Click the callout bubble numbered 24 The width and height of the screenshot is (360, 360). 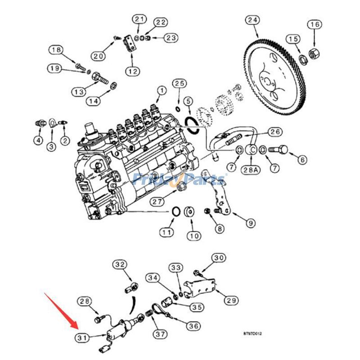pyautogui.click(x=253, y=21)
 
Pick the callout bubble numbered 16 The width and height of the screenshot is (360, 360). pyautogui.click(x=315, y=24)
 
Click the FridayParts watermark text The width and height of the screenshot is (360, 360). pyautogui.click(x=180, y=180)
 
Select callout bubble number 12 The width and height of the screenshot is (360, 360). pyautogui.click(x=132, y=71)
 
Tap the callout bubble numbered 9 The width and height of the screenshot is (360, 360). pyautogui.click(x=250, y=222)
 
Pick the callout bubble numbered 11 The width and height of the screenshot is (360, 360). pyautogui.click(x=167, y=233)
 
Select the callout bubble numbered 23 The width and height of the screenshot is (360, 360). pyautogui.click(x=171, y=38)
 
